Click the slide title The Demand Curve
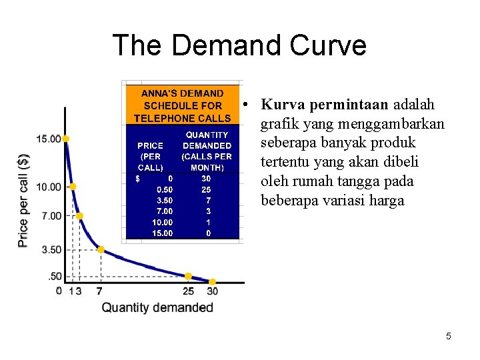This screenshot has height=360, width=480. tap(239, 45)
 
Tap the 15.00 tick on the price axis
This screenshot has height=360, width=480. tap(49, 139)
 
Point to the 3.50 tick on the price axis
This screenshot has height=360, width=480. tap(49, 249)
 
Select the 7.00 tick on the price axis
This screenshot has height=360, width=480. tap(49, 215)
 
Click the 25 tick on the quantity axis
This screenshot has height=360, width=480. tap(189, 291)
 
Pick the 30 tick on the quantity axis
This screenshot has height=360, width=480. tap(212, 291)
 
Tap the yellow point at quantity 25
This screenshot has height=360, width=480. tap(189, 276)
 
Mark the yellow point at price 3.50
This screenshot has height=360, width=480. tap(101, 249)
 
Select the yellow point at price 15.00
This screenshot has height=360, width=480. tap(65, 139)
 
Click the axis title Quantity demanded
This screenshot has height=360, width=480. tap(157, 307)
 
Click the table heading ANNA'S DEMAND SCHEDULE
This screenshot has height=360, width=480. tap(182, 105)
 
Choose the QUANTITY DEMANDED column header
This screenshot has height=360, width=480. tap(207, 151)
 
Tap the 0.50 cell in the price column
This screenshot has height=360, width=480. tap(163, 189)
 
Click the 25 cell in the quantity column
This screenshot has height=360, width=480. tap(206, 189)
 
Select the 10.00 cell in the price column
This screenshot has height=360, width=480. tap(162, 222)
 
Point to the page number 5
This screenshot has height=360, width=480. tap(449, 336)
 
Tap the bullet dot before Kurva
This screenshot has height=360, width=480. tap(247, 105)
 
